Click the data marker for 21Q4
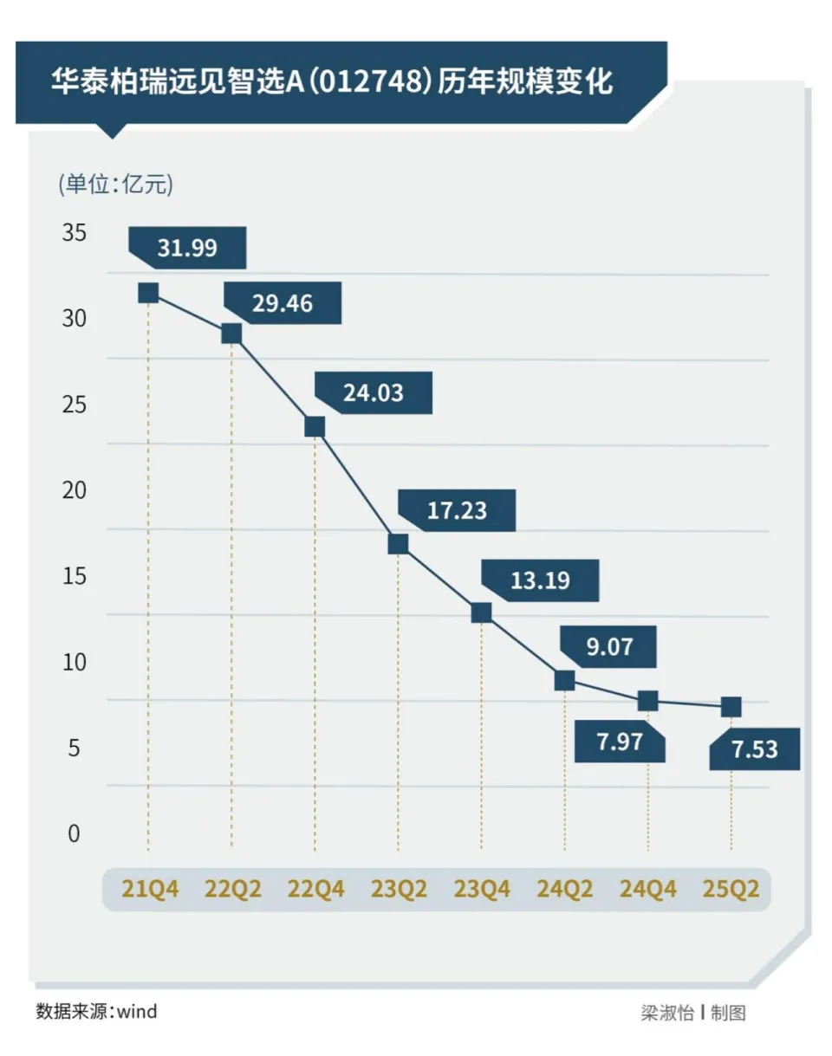point(148,293)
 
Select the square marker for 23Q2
point(398,543)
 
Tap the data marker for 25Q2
point(731,707)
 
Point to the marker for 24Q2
point(564,680)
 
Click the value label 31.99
point(187,249)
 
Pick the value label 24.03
point(373,393)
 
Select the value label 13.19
point(540,580)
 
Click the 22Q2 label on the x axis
point(232,890)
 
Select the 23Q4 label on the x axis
point(482,890)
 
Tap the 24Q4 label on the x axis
point(647,890)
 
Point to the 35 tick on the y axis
point(75,233)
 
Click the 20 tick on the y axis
point(75,490)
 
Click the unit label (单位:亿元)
point(115,184)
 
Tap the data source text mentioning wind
point(96,1011)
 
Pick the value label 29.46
point(283,304)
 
